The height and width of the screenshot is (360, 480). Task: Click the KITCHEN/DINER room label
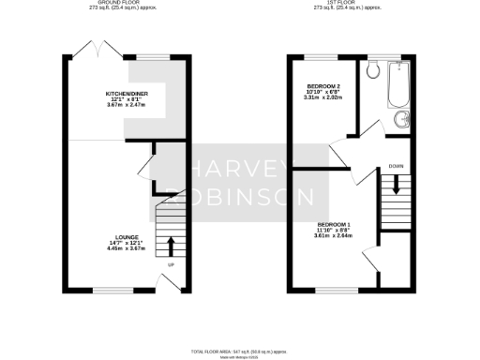[127, 94]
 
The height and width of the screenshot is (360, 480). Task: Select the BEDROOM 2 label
[322, 86]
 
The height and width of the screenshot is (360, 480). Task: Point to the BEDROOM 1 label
[334, 225]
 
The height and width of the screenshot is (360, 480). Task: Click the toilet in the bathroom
[374, 69]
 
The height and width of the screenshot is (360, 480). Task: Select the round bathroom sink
[401, 119]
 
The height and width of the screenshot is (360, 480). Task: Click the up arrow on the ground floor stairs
[170, 247]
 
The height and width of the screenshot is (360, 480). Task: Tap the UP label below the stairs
[170, 265]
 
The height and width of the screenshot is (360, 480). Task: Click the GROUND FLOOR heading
[115, 5]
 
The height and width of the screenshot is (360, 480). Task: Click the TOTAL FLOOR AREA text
[239, 351]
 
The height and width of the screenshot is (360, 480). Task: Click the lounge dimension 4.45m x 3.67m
[127, 250]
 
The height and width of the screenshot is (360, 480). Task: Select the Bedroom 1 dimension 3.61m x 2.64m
[334, 236]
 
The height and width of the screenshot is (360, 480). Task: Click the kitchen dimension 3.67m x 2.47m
[127, 105]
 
